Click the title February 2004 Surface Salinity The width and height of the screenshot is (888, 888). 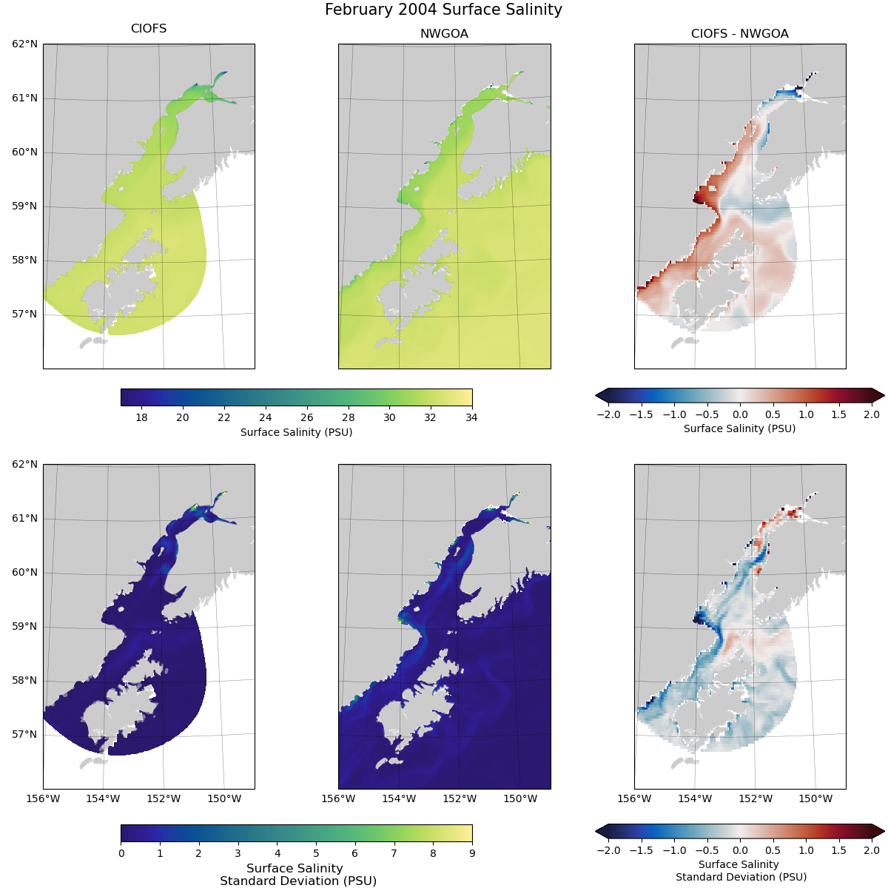coord(443,10)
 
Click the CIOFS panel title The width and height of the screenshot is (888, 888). coord(148,29)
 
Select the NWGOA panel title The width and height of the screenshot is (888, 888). coord(444,34)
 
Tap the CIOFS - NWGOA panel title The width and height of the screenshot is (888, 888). coord(739,34)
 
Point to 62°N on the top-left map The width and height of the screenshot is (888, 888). coord(24,44)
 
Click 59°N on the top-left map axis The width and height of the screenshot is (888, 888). coord(24,206)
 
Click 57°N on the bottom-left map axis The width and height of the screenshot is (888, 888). coord(24,734)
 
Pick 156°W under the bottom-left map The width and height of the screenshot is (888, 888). coord(43,798)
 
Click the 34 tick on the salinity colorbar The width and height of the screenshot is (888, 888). coord(472,417)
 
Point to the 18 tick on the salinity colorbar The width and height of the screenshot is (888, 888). coord(141,417)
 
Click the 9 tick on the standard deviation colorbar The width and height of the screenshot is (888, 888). coord(472,853)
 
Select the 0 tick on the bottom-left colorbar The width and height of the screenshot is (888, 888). coord(121,853)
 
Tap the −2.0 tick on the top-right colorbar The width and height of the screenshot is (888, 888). coord(608,414)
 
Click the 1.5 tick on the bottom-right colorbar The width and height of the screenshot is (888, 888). coord(838,850)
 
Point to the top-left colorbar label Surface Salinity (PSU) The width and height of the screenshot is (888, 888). coord(296,432)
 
